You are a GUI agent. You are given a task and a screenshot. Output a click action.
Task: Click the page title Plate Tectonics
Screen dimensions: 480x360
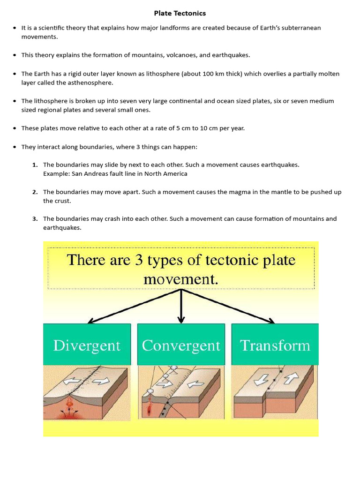click(x=180, y=13)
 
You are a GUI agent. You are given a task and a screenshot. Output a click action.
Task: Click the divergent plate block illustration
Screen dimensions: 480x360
click(x=87, y=391)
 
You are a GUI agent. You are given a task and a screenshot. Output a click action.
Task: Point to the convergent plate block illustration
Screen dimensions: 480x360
click(x=181, y=391)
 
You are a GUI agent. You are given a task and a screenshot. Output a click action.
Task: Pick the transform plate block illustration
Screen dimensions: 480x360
click(x=275, y=391)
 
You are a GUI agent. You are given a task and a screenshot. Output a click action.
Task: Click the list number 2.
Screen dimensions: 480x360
click(x=35, y=192)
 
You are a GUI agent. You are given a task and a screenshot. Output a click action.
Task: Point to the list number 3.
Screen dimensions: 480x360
click(x=35, y=219)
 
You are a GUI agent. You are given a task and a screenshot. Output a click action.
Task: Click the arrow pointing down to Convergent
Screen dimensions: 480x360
click(x=181, y=307)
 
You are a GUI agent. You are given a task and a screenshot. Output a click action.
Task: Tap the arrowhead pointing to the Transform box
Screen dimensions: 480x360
click(x=271, y=321)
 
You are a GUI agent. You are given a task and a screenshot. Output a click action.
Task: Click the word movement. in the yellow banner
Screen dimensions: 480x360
click(x=181, y=280)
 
